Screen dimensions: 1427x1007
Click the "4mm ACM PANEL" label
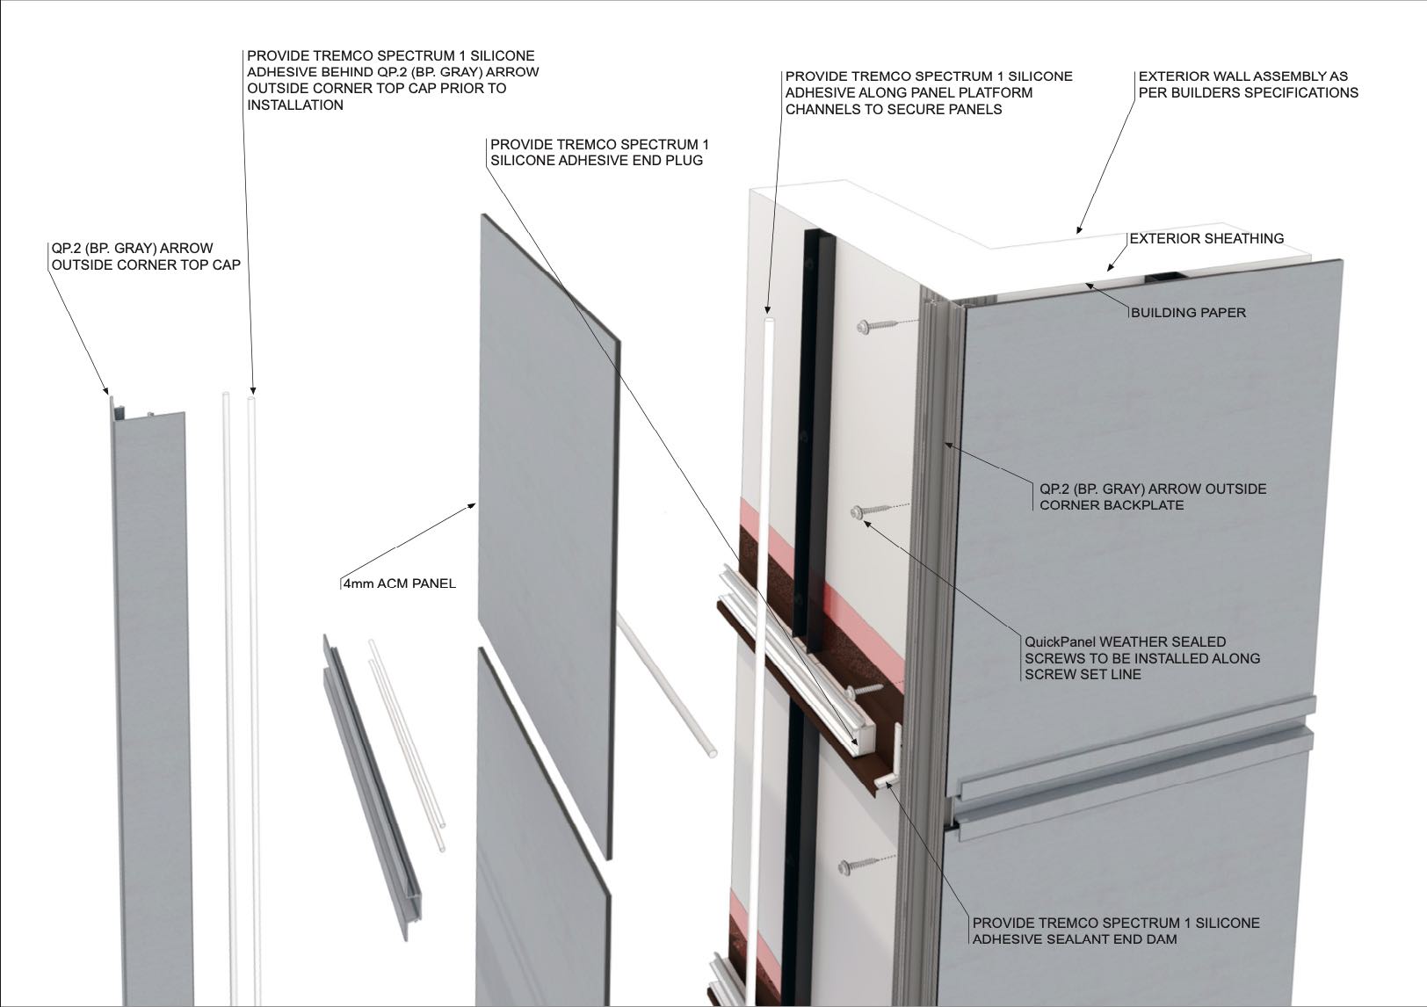[x=400, y=583]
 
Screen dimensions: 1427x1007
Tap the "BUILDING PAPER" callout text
[x=1188, y=313]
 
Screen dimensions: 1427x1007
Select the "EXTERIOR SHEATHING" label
[x=1206, y=239]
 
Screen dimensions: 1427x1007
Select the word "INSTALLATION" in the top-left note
[x=295, y=105]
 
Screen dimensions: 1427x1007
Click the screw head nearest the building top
[x=863, y=328]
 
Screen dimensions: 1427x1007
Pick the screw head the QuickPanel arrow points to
[x=857, y=511]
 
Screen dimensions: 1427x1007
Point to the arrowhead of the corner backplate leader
[x=949, y=446]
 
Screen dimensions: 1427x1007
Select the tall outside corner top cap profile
[x=151, y=700]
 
